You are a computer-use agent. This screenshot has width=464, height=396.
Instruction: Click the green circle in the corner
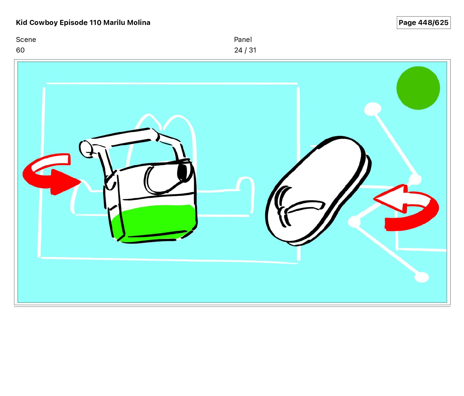pyautogui.click(x=418, y=88)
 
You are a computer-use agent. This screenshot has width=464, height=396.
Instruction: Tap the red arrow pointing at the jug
pyautogui.click(x=50, y=175)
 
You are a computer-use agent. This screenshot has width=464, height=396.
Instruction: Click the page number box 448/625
pyautogui.click(x=423, y=23)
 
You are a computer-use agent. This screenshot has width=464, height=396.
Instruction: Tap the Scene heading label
pyautogui.click(x=26, y=40)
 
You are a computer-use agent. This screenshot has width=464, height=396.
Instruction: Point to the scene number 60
pyautogui.click(x=20, y=50)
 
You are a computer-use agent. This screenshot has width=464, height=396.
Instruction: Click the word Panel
pyautogui.click(x=243, y=40)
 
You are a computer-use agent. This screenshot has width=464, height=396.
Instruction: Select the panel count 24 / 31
pyautogui.click(x=245, y=50)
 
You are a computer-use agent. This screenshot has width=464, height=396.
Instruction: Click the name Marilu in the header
pyautogui.click(x=114, y=23)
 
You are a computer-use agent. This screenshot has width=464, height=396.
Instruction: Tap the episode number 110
pyautogui.click(x=95, y=23)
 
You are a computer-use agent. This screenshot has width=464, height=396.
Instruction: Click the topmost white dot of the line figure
pyautogui.click(x=372, y=109)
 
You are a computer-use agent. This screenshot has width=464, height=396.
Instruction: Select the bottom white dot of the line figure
pyautogui.click(x=422, y=277)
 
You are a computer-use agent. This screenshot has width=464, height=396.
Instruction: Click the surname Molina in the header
pyautogui.click(x=138, y=23)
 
